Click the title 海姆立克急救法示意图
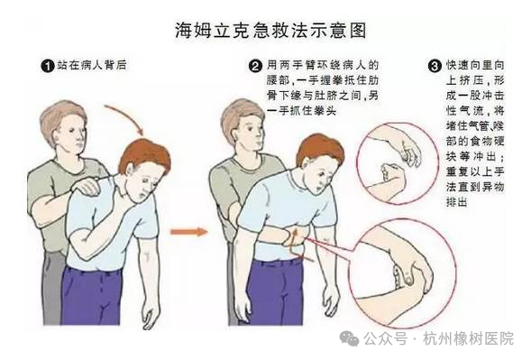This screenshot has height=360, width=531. pyautogui.click(x=270, y=31)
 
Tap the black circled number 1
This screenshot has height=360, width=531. pyautogui.click(x=48, y=66)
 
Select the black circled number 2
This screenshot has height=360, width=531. pyautogui.click(x=255, y=66)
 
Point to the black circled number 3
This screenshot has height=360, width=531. pyautogui.click(x=435, y=66)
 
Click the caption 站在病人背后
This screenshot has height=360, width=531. pyautogui.click(x=92, y=65)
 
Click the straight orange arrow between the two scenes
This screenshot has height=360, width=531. pyautogui.click(x=188, y=232)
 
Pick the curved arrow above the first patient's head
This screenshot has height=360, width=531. pyautogui.click(x=126, y=117)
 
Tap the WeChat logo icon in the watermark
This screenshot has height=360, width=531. pyautogui.click(x=349, y=338)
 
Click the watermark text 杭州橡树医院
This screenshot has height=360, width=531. pyautogui.click(x=469, y=338)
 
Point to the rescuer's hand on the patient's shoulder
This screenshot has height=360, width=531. pyautogui.click(x=88, y=186)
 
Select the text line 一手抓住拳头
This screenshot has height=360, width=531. pyautogui.click(x=301, y=110)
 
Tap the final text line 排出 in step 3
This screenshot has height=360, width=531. pyautogui.click(x=456, y=202)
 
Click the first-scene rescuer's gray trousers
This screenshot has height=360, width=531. pyautogui.click(x=53, y=288)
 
